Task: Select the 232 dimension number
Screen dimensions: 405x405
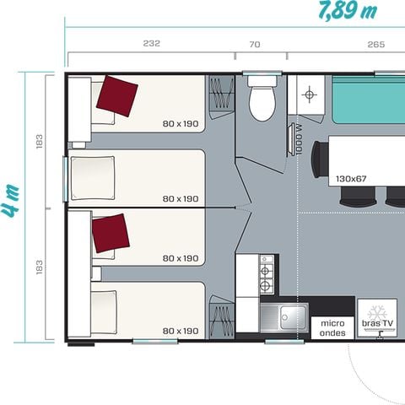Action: (x=151, y=44)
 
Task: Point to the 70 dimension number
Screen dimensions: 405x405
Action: (x=256, y=44)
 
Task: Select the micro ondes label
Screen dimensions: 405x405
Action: (x=332, y=327)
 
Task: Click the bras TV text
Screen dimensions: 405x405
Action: (x=377, y=323)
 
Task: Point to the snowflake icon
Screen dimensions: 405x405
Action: (x=377, y=309)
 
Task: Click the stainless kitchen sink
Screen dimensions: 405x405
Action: (x=283, y=318)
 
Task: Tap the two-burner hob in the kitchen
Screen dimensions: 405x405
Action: (x=267, y=272)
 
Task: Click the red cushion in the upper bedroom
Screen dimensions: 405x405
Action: (x=117, y=94)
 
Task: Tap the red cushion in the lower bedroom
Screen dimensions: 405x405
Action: (x=111, y=232)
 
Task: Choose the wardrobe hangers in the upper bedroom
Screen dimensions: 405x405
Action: (x=221, y=94)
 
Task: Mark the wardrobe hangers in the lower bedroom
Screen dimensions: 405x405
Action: (x=221, y=321)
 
